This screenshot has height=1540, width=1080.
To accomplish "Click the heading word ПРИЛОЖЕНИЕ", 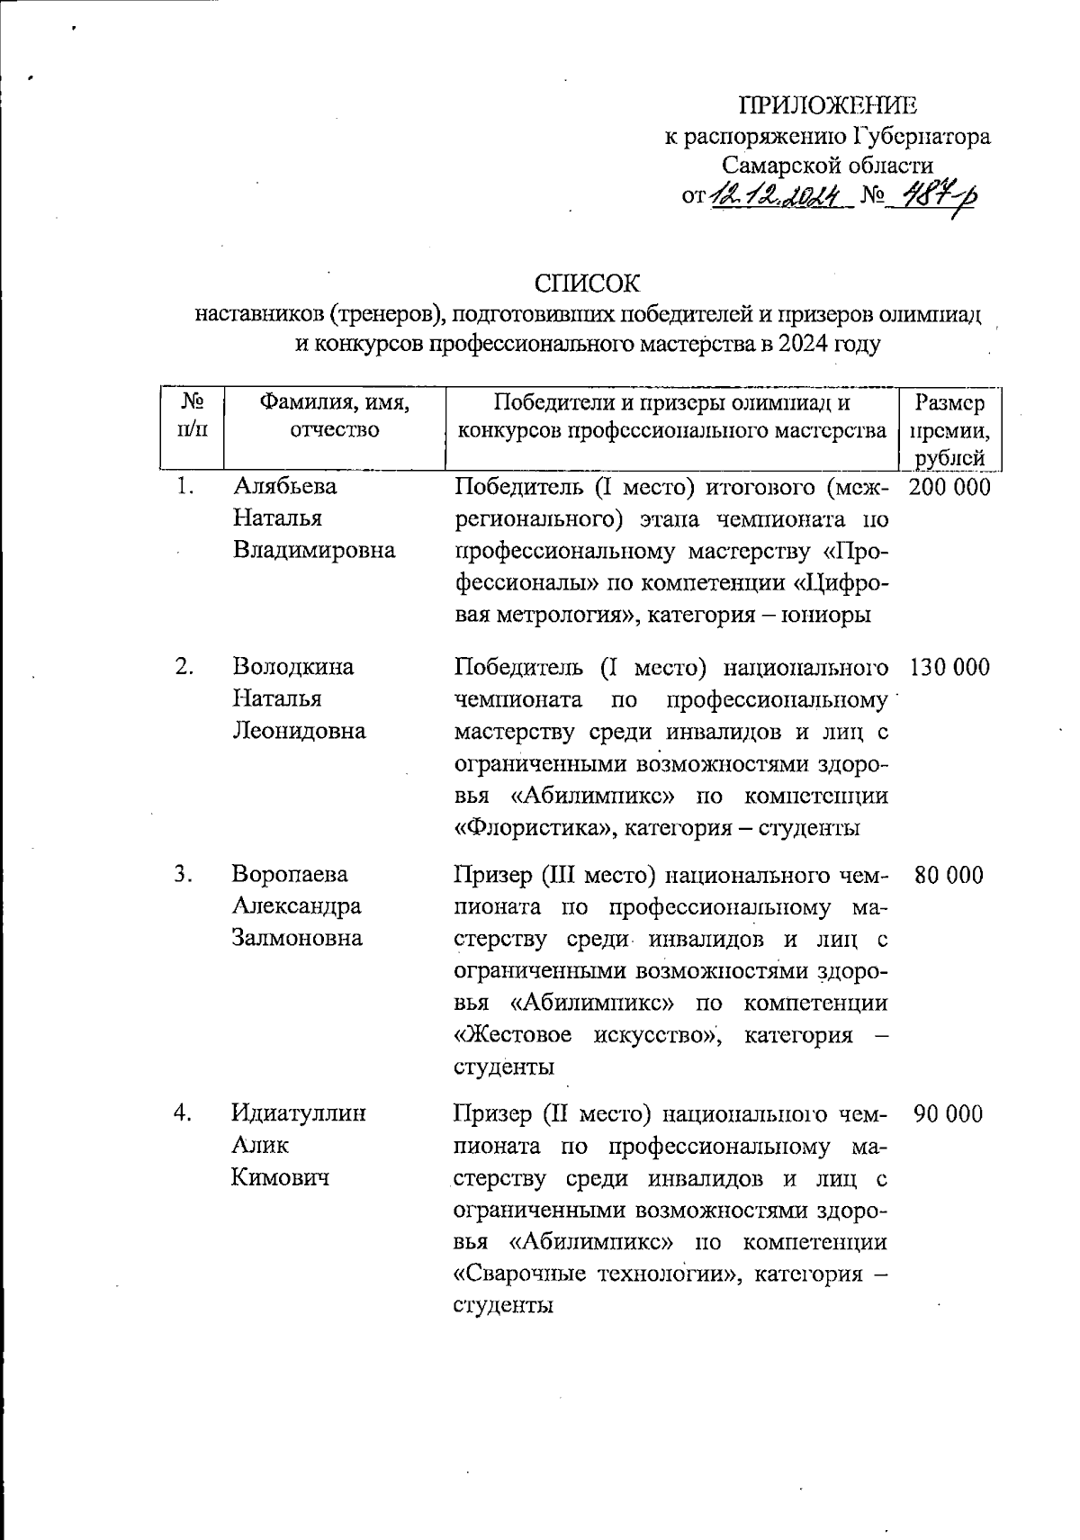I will [x=828, y=105].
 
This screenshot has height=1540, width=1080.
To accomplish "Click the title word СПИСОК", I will [x=587, y=284].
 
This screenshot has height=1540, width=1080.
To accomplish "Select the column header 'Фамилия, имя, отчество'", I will [x=334, y=417].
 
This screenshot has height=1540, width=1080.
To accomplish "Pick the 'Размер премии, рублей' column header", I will [x=949, y=430].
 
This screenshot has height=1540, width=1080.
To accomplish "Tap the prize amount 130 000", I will [x=949, y=667].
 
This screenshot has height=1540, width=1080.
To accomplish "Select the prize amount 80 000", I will [x=949, y=875].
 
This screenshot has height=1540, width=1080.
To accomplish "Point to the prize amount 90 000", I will [x=949, y=1113].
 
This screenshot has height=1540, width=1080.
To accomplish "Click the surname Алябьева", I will [x=285, y=487].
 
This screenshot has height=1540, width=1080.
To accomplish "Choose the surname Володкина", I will [x=293, y=667].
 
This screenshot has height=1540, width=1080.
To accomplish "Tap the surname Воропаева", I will [x=290, y=875].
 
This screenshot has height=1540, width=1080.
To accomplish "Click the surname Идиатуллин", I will [x=299, y=1113].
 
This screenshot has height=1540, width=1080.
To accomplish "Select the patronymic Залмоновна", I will [x=297, y=938].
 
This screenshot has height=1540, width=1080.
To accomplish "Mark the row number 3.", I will [x=184, y=875].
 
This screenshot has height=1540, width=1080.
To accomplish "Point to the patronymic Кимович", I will [x=281, y=1176].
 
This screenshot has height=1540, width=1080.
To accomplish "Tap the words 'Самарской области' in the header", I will [x=828, y=165].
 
